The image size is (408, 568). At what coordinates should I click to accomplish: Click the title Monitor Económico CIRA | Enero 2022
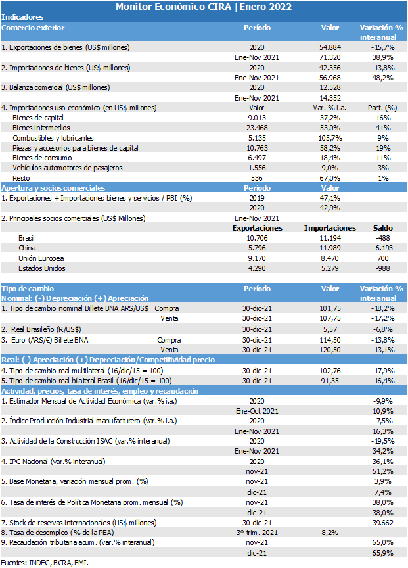[x=204, y=7]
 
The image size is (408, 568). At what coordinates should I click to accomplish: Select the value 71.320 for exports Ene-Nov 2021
[x=330, y=57]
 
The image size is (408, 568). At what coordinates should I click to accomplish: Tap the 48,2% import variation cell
[x=382, y=78]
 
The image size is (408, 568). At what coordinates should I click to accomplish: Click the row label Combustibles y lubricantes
[x=53, y=138]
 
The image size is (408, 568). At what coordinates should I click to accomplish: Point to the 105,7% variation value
[x=330, y=138]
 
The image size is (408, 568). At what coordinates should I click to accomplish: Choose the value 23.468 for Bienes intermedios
[x=257, y=128]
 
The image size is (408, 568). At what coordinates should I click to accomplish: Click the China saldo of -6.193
[x=382, y=248]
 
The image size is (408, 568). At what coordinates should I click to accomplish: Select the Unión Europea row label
[x=41, y=258]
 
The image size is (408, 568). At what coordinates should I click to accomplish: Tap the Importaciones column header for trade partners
[x=330, y=228]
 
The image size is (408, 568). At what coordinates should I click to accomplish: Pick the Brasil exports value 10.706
[x=257, y=238]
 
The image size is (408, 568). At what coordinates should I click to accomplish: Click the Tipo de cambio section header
[x=28, y=289]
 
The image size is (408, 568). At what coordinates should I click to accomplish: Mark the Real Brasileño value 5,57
[x=330, y=329]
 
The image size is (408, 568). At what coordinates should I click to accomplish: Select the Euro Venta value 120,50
[x=330, y=350]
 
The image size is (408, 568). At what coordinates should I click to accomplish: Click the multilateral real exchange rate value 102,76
[x=330, y=371]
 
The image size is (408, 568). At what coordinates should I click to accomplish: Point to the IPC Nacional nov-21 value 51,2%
[x=382, y=471]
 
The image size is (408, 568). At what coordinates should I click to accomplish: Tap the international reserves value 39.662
[x=382, y=523]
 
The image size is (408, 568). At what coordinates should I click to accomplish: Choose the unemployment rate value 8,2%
[x=330, y=532]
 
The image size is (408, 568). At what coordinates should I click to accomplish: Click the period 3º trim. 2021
[x=257, y=532]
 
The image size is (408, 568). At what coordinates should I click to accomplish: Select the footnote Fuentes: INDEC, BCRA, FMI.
[x=45, y=563]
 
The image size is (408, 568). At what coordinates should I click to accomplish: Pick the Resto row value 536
[x=257, y=178]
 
